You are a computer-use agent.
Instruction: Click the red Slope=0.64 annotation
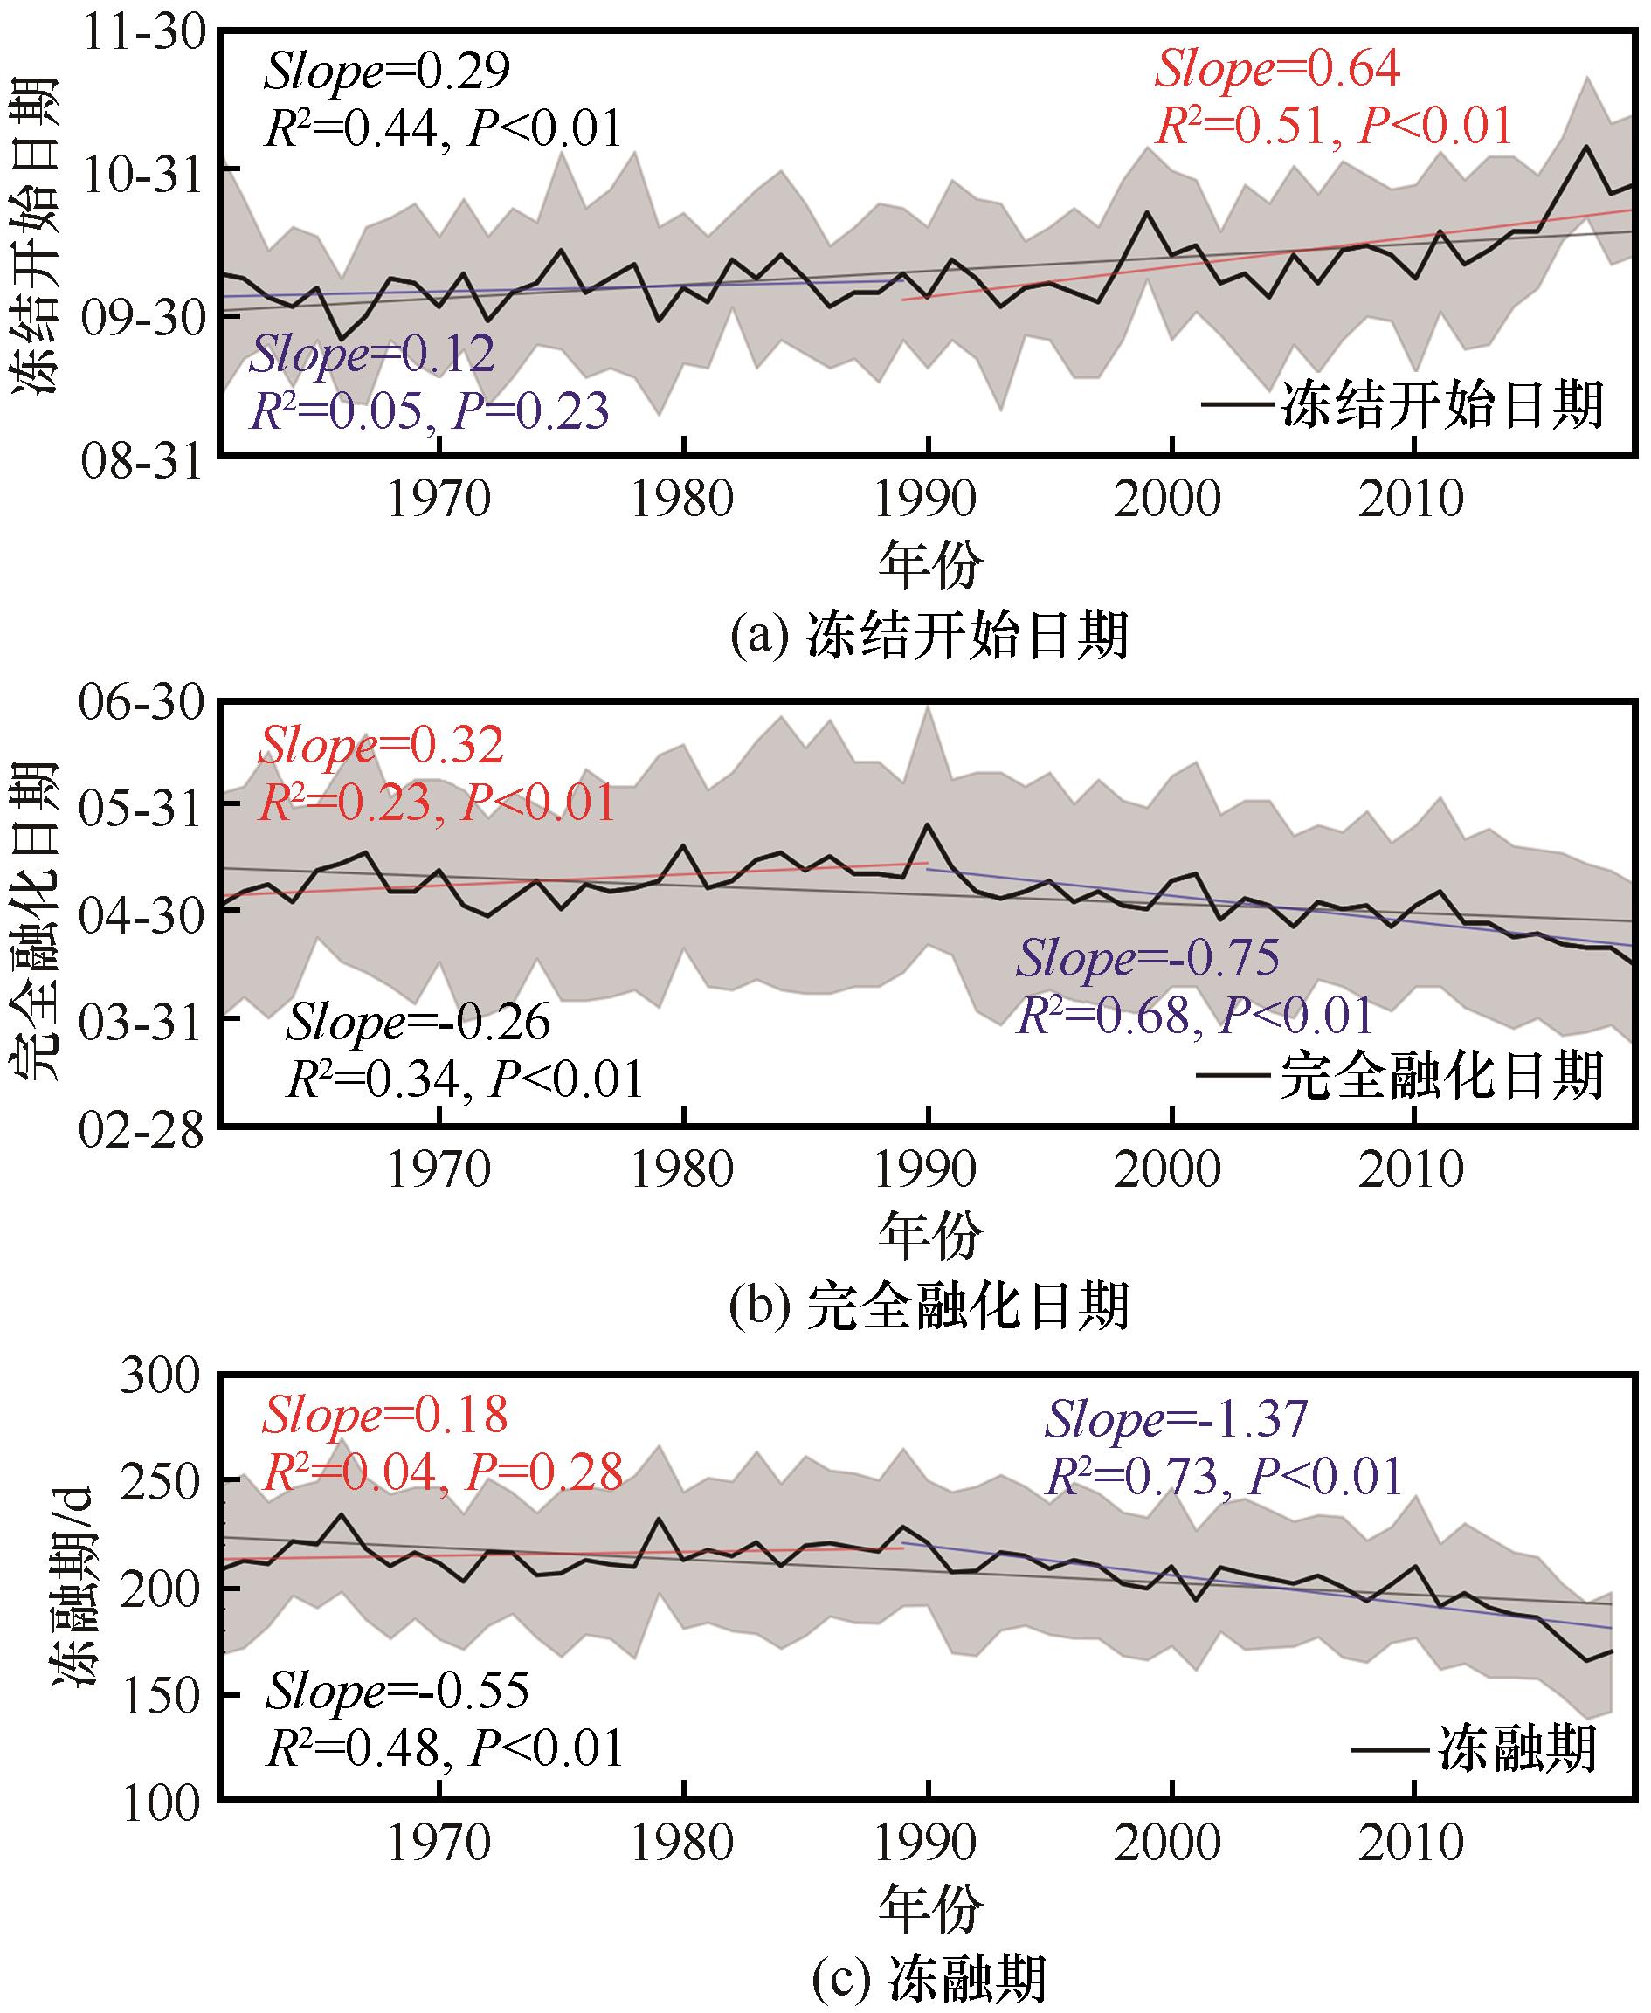1277,68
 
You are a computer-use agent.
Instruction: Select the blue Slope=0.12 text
372,354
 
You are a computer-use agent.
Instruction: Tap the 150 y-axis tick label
161,1695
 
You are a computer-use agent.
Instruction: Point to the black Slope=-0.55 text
397,1691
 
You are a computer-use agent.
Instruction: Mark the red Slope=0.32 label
380,747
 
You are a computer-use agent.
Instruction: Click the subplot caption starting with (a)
929,635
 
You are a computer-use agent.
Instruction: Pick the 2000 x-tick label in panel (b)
1167,1170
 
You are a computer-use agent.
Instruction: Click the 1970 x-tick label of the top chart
439,500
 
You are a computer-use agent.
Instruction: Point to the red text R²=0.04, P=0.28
442,1473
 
